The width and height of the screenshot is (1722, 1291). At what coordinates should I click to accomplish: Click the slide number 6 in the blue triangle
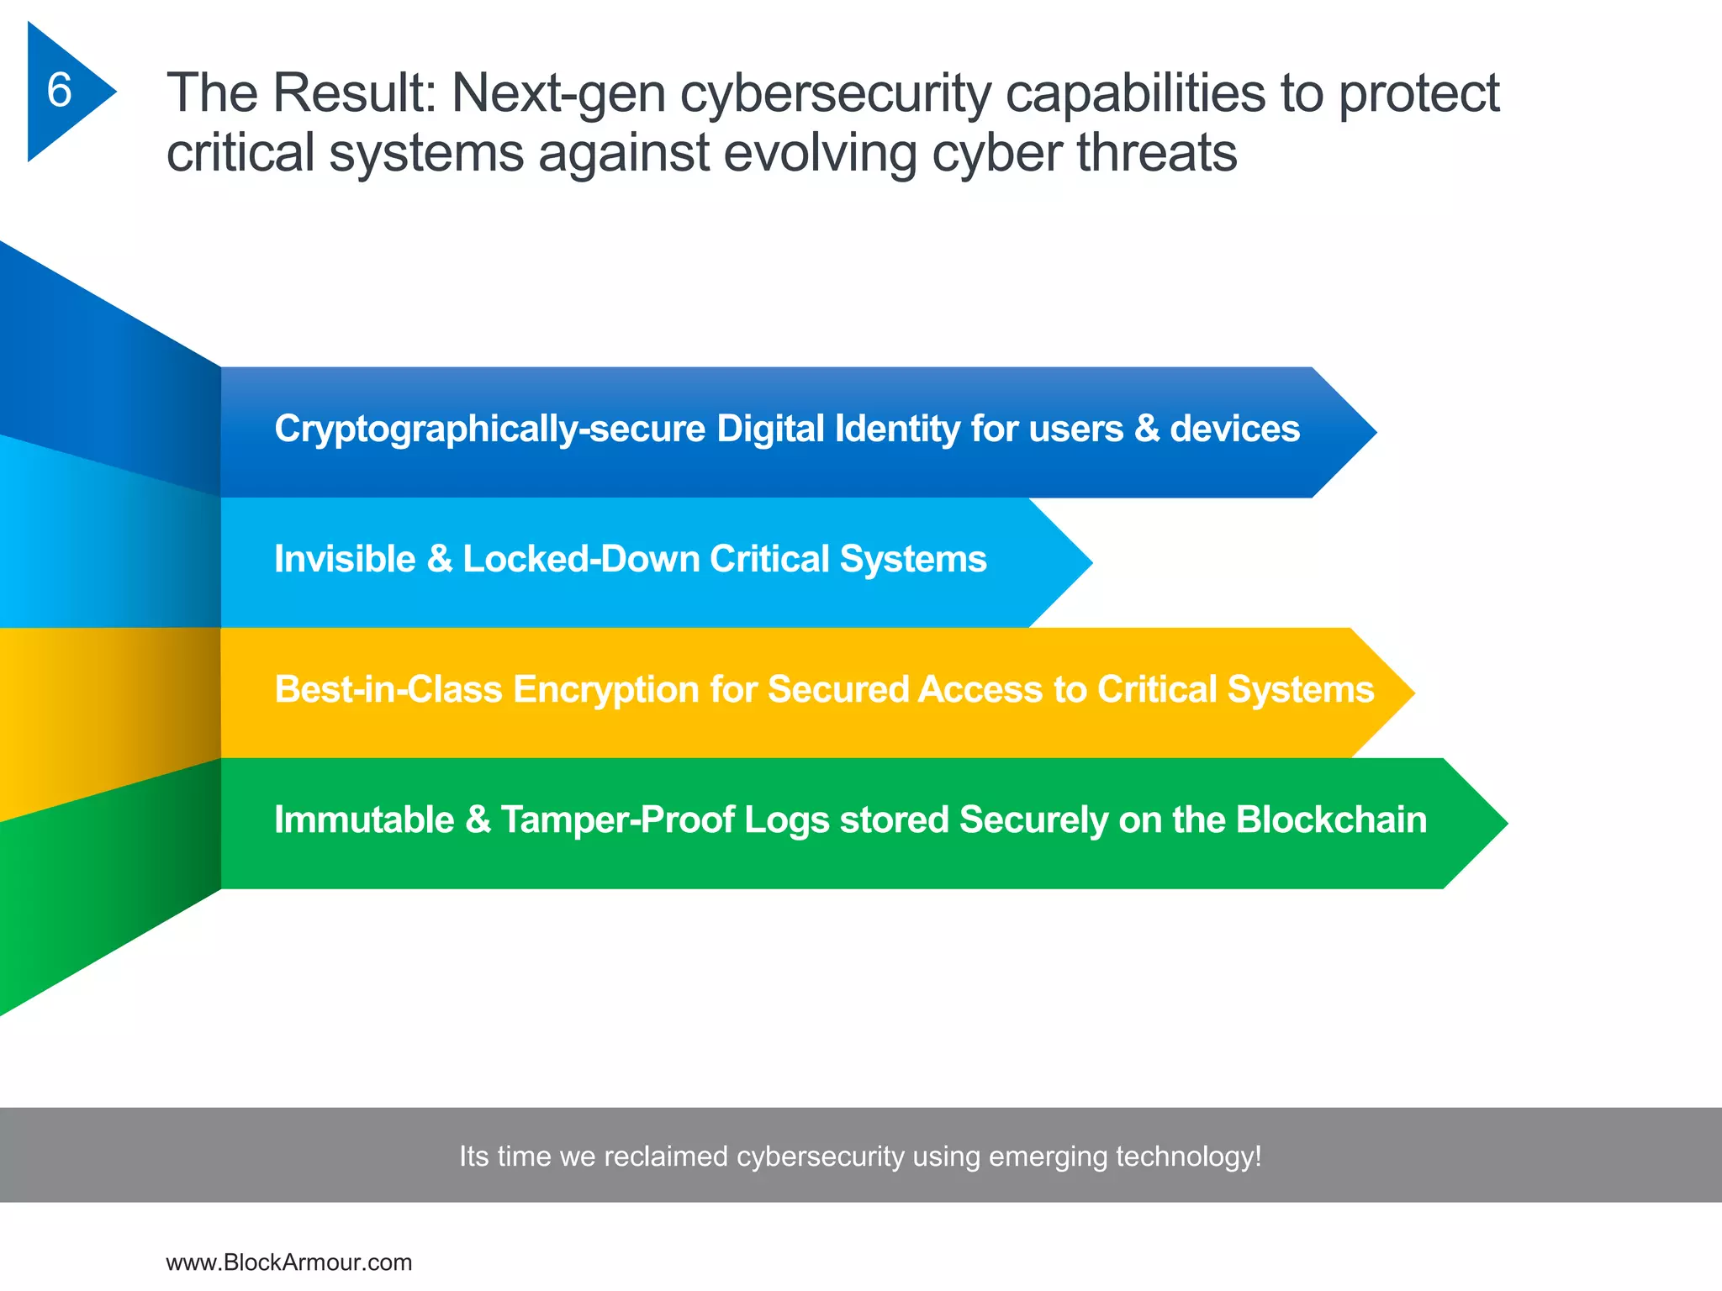(x=59, y=90)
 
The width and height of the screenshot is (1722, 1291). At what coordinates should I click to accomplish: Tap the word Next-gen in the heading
(x=557, y=92)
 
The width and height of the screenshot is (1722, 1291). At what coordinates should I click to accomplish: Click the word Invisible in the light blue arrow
(x=345, y=559)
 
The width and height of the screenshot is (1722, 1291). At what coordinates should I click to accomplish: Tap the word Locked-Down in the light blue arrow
(x=580, y=559)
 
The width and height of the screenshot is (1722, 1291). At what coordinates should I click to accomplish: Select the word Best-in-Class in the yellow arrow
(x=388, y=689)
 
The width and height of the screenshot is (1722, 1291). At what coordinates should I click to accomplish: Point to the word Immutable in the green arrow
(x=364, y=819)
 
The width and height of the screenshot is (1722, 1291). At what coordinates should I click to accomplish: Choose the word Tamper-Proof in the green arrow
(x=618, y=819)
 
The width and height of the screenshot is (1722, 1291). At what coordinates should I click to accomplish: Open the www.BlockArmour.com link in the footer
(x=288, y=1262)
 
